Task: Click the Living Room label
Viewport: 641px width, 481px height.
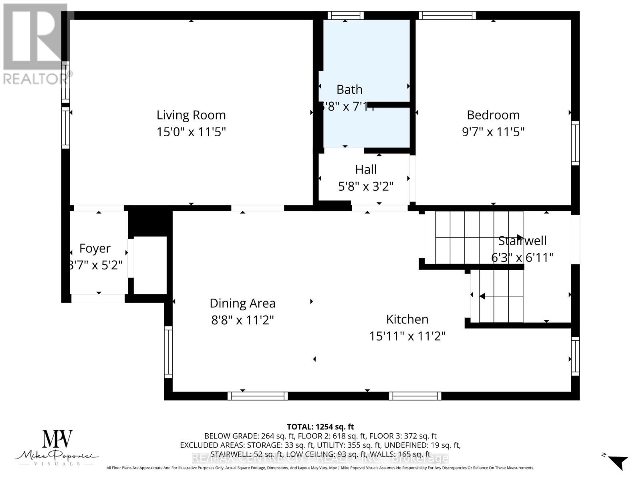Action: pyautogui.click(x=191, y=115)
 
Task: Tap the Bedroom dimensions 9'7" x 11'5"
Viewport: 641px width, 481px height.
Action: pyautogui.click(x=493, y=132)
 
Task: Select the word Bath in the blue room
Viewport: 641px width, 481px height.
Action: pyautogui.click(x=349, y=89)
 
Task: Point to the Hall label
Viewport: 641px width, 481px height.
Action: pyautogui.click(x=366, y=170)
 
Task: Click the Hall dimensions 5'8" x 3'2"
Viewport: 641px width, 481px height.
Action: pyautogui.click(x=366, y=186)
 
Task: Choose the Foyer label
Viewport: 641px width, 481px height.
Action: pyautogui.click(x=95, y=249)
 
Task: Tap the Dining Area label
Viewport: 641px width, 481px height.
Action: pyautogui.click(x=242, y=303)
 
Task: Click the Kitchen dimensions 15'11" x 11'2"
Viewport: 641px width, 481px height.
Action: pyautogui.click(x=407, y=336)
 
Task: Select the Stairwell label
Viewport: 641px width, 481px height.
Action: pyautogui.click(x=522, y=241)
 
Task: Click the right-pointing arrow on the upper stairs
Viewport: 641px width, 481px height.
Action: pyautogui.click(x=520, y=237)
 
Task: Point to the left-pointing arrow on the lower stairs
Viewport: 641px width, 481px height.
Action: pyautogui.click(x=483, y=296)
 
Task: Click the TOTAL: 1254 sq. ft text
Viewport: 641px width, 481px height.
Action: pyautogui.click(x=320, y=427)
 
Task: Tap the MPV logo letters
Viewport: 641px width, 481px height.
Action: pyautogui.click(x=58, y=439)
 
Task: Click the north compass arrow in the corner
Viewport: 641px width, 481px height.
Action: pyautogui.click(x=619, y=462)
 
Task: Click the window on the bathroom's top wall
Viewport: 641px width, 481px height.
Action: pyautogui.click(x=346, y=16)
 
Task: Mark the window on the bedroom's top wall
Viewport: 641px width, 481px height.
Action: pyautogui.click(x=447, y=16)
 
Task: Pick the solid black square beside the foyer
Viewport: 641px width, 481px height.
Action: pyautogui.click(x=150, y=223)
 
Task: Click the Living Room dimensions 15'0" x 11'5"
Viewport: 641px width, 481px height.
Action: pyautogui.click(x=191, y=132)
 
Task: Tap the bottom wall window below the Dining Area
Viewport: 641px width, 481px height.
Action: pyautogui.click(x=258, y=396)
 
